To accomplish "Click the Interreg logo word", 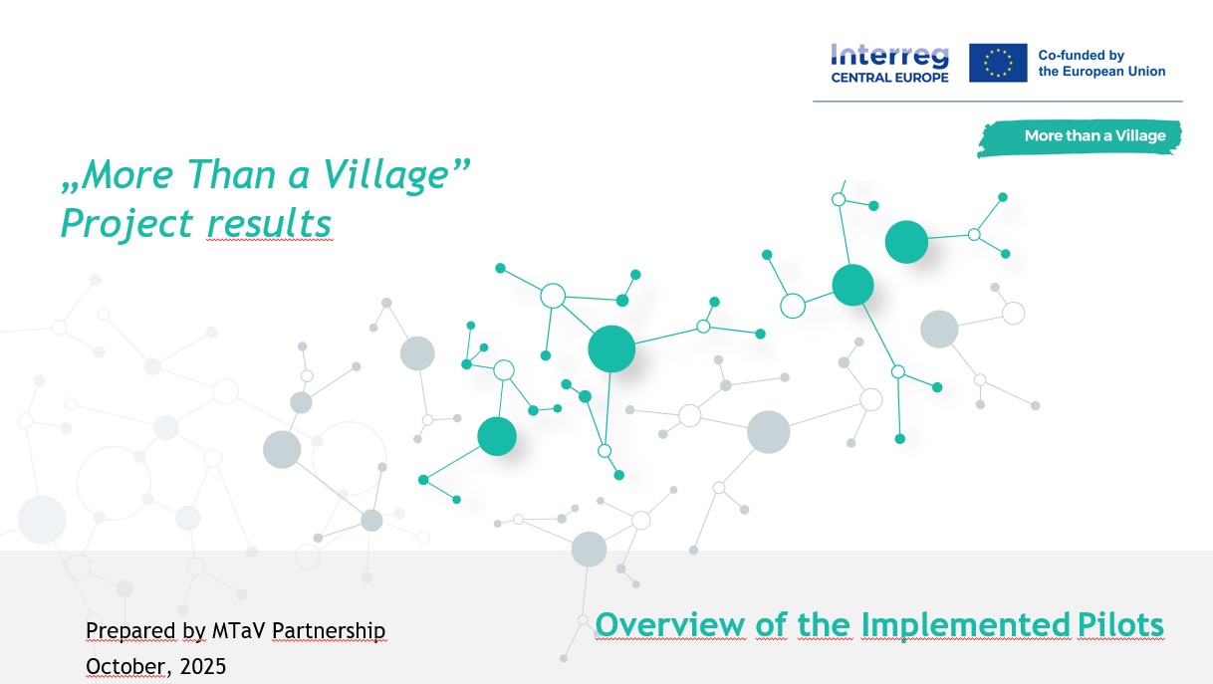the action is tap(889, 57).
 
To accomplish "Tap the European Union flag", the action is tap(998, 63).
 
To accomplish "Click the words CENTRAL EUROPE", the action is tap(889, 78).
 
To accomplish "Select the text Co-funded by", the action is tap(1081, 55).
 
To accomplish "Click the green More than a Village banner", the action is tap(1080, 138).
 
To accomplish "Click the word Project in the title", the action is tap(126, 224).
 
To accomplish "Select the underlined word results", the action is tap(269, 223).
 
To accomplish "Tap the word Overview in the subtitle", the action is tap(670, 625).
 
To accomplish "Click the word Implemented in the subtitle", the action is tap(966, 626).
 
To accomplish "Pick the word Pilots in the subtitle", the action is tap(1120, 625).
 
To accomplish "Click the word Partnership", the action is tap(329, 631).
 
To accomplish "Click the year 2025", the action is tap(202, 667).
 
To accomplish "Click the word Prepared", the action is tap(130, 631).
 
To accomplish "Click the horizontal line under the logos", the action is tap(998, 102).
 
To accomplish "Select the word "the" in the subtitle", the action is tap(825, 625).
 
